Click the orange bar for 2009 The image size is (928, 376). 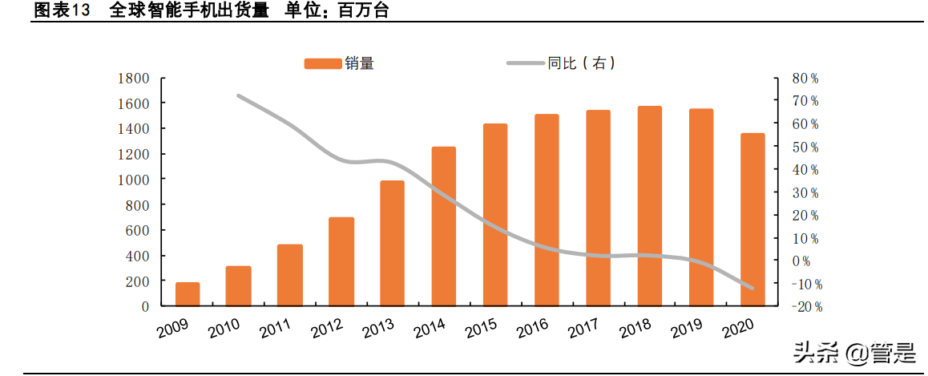pyautogui.click(x=187, y=294)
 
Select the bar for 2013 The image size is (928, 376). pyautogui.click(x=392, y=243)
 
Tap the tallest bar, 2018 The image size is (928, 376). pyautogui.click(x=649, y=206)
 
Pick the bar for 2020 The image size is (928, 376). pyautogui.click(x=752, y=220)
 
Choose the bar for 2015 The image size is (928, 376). pyautogui.click(x=495, y=215)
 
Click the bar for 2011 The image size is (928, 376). pyautogui.click(x=289, y=275)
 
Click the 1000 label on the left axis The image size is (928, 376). pyautogui.click(x=133, y=180)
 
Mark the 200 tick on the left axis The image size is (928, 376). pyautogui.click(x=136, y=281)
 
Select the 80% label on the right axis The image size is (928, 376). pyautogui.click(x=805, y=79)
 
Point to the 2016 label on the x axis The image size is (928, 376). pyautogui.click(x=532, y=329)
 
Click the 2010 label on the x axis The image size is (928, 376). pyautogui.click(x=224, y=329)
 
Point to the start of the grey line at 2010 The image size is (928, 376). pyautogui.click(x=239, y=95)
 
